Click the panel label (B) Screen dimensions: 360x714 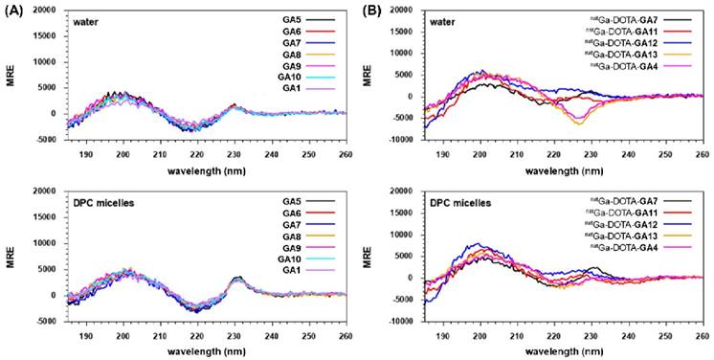[x=367, y=8]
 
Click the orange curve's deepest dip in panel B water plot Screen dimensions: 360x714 [x=580, y=124]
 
